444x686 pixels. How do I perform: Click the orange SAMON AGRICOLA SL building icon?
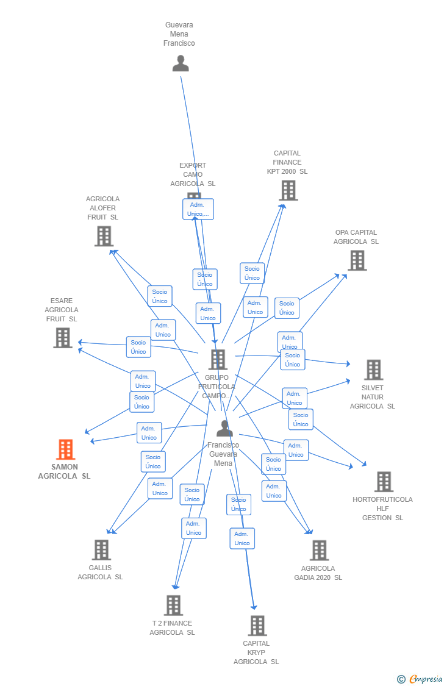pos(65,449)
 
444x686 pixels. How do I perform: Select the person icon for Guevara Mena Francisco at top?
pos(181,63)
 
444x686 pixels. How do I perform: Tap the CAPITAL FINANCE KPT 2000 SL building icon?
pos(288,190)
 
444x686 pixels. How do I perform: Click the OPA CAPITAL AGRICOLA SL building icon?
pos(357,260)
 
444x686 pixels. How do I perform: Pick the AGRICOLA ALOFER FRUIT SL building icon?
pos(104,236)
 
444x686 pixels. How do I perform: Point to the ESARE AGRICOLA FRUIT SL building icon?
pos(62,338)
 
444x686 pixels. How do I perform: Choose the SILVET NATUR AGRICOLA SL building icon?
pos(373,370)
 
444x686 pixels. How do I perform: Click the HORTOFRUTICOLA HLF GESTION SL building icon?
pos(383,482)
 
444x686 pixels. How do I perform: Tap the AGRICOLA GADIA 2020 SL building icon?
pos(318,550)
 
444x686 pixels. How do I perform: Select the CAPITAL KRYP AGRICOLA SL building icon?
pos(257,626)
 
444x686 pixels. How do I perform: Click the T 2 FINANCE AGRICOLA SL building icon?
pos(173,606)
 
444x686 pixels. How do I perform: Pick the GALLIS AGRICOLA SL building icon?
pos(101,550)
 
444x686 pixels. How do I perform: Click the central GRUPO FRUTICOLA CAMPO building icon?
pos(218,360)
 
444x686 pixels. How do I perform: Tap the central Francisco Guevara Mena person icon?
pos(224,429)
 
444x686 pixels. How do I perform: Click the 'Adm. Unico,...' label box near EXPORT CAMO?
pos(198,209)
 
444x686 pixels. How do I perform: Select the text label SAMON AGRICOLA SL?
pos(64,471)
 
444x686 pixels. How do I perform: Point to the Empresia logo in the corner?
pos(426,679)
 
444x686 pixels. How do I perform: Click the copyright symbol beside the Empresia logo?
pos(401,679)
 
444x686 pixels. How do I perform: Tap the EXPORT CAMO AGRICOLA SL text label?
pos(193,174)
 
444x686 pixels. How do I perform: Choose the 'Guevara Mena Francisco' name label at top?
pos(179,34)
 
